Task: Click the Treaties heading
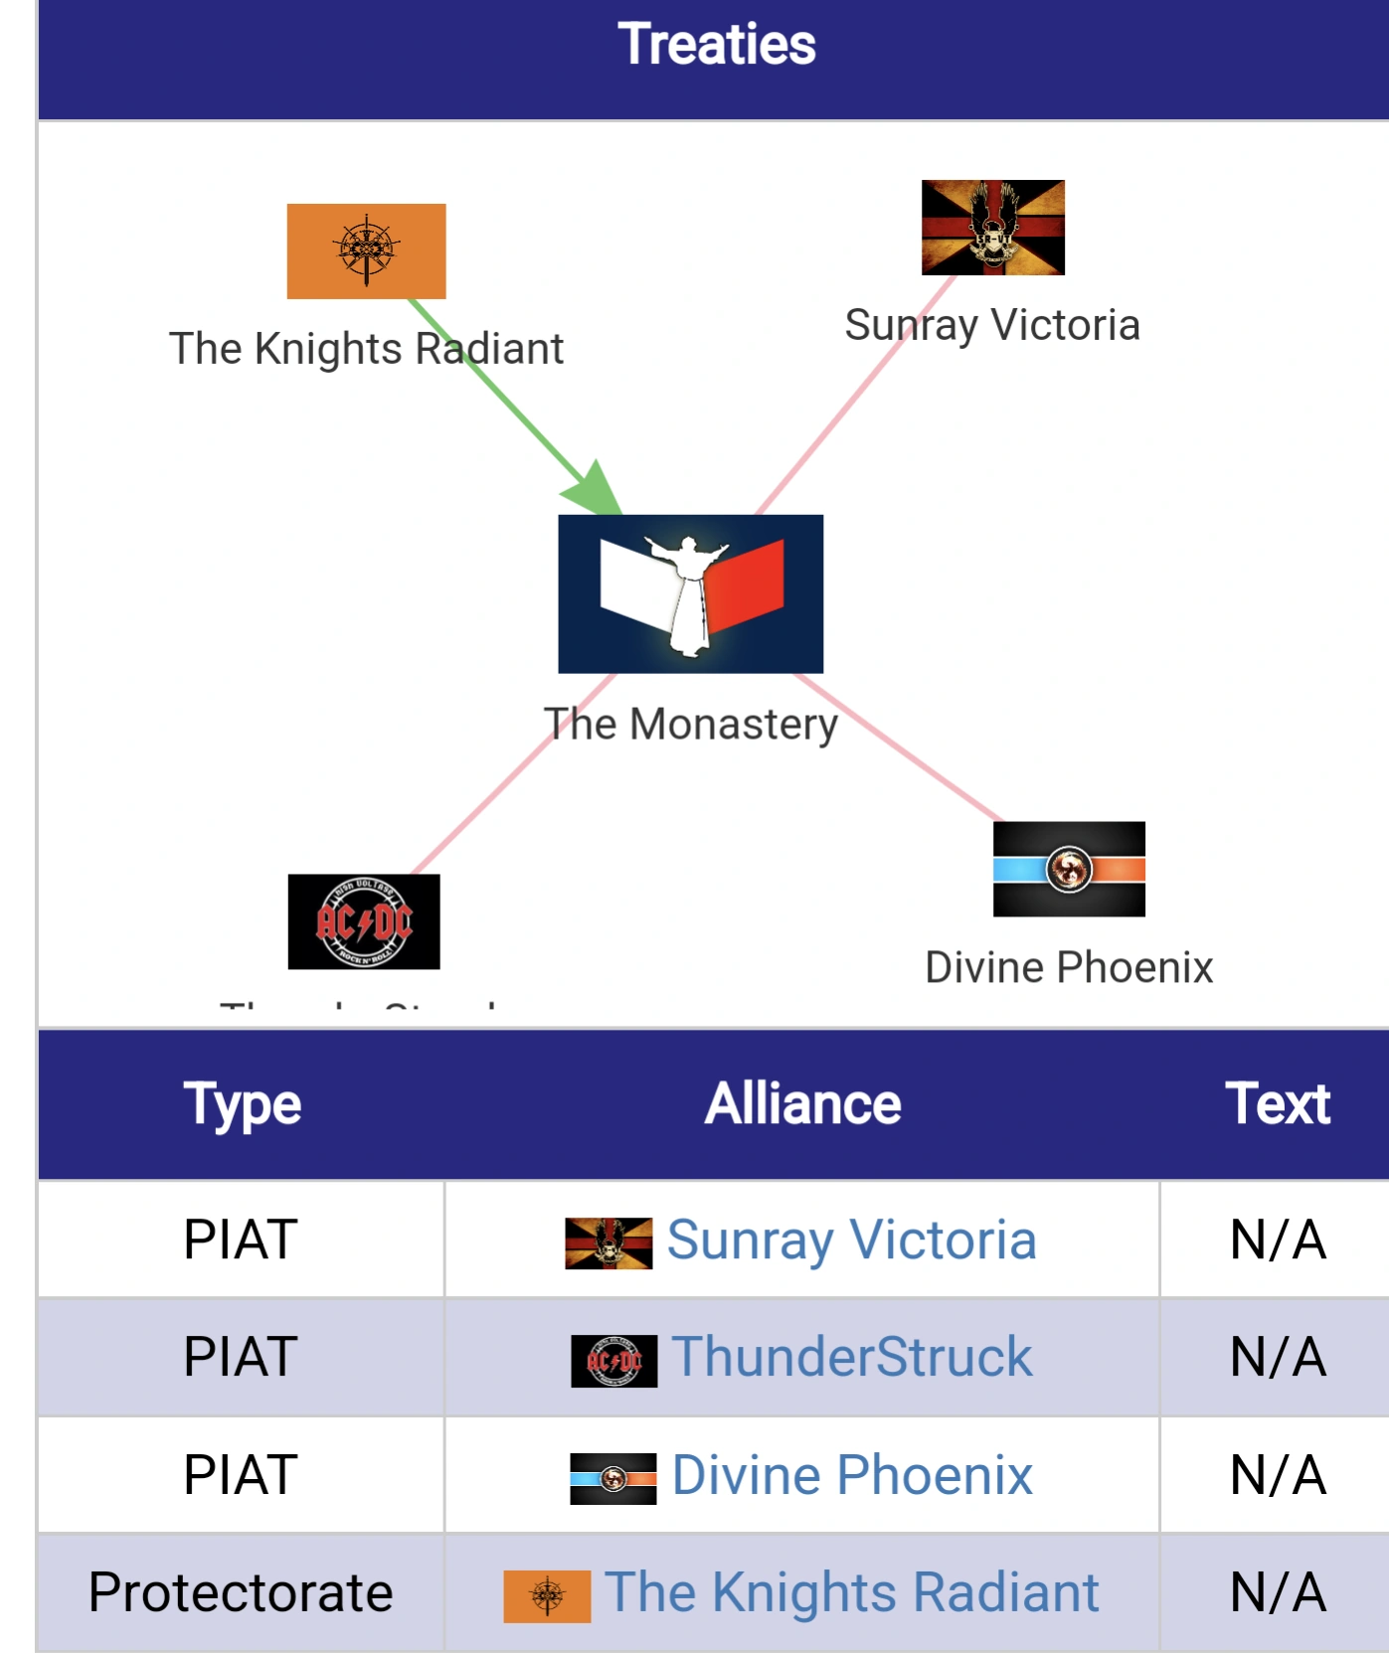pyautogui.click(x=716, y=45)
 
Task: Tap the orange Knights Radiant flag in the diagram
pyautogui.click(x=366, y=250)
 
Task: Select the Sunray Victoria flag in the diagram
pyautogui.click(x=992, y=227)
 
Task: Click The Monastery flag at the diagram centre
pyautogui.click(x=690, y=593)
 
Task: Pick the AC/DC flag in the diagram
pyautogui.click(x=364, y=921)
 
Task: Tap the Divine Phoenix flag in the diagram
pyautogui.click(x=1069, y=869)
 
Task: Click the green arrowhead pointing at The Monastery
pyautogui.click(x=594, y=489)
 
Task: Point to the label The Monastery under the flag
pyautogui.click(x=690, y=724)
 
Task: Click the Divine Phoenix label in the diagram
pyautogui.click(x=1069, y=967)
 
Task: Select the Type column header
pyautogui.click(x=242, y=1104)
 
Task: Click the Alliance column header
pyautogui.click(x=802, y=1104)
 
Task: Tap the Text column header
pyautogui.click(x=1277, y=1104)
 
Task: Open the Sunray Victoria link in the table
pyautogui.click(x=851, y=1240)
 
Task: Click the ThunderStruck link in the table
pyautogui.click(x=852, y=1357)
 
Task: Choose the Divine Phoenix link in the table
pyautogui.click(x=852, y=1474)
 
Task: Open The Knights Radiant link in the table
pyautogui.click(x=851, y=1592)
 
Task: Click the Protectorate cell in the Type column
pyautogui.click(x=241, y=1592)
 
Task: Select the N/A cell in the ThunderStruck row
pyautogui.click(x=1277, y=1357)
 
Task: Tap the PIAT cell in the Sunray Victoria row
pyautogui.click(x=241, y=1240)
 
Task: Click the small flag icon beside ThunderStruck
pyautogui.click(x=613, y=1361)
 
